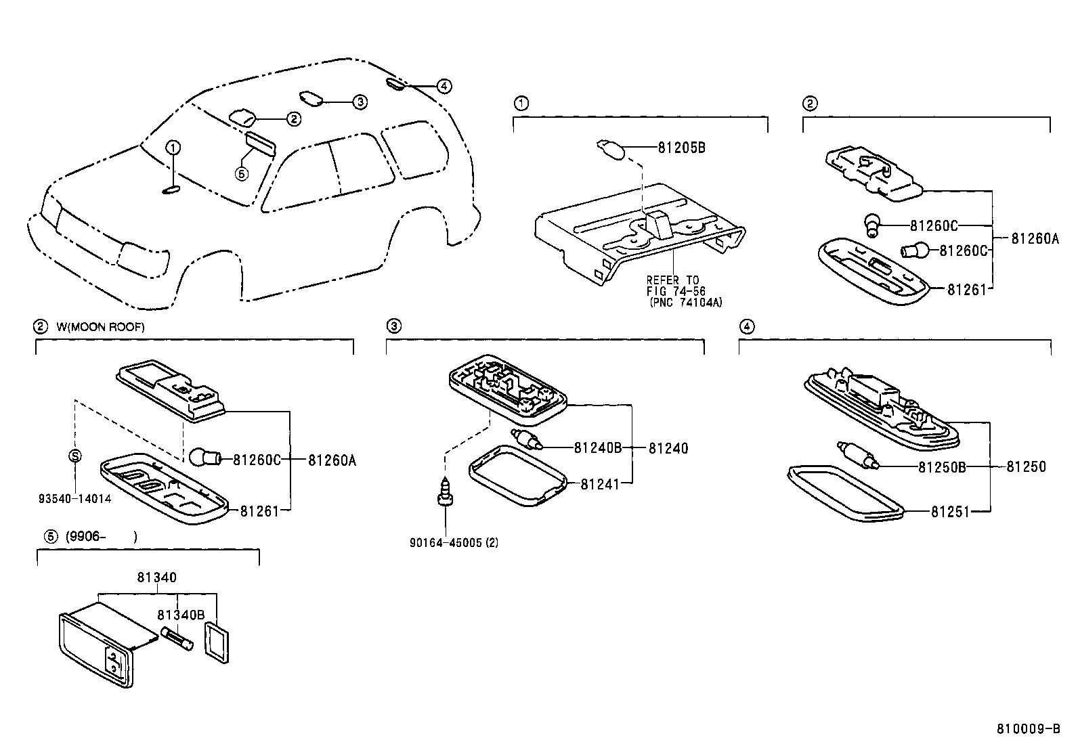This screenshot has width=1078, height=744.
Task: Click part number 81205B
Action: coord(681,147)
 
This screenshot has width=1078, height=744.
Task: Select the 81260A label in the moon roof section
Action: coord(332,460)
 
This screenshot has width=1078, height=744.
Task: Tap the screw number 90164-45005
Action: coord(448,542)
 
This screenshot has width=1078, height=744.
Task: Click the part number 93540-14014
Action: coord(74,499)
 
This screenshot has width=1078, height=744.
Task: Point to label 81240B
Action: coord(598,447)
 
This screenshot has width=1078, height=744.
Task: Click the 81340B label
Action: coord(181,615)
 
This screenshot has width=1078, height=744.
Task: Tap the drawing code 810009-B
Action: coord(1028,729)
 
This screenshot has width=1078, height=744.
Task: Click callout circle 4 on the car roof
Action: coord(443,87)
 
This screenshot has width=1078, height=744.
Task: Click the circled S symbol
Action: coord(75,456)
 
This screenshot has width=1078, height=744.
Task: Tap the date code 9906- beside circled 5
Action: coord(85,537)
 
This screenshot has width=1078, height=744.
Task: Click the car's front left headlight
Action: coord(143,258)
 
